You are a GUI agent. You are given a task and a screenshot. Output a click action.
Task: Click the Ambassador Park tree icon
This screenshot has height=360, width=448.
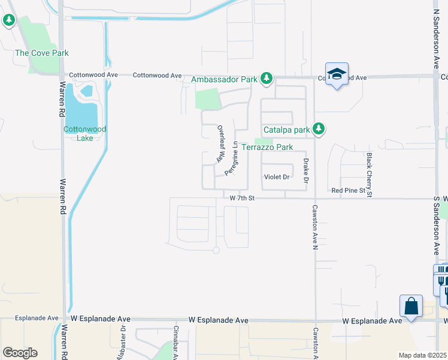pos(267,79)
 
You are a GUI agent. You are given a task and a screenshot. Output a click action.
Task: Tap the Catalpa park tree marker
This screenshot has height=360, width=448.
pos(319,129)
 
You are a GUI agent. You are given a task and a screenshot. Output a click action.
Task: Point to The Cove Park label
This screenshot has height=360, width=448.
pos(42,53)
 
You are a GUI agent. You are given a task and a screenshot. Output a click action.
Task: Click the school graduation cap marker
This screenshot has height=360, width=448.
pos(337,74)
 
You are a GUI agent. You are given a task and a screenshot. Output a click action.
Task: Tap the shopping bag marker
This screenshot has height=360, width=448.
pos(411,306)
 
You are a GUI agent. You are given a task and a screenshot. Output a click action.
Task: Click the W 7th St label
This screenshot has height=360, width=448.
pos(242,197)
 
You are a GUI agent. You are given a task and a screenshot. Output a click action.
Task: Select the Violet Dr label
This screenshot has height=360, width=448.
pos(277,177)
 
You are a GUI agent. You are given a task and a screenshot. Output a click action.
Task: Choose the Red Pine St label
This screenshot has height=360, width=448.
pos(348,191)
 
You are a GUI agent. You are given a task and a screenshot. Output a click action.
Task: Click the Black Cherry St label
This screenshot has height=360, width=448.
pos(369,174)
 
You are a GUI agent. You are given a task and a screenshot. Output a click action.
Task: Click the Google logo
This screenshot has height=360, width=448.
pos(19,353)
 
